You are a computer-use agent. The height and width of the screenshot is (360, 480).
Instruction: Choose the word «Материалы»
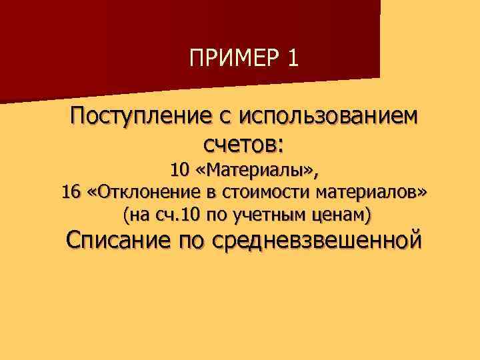pos(258,171)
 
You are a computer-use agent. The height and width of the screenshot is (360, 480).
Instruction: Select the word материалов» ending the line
pos(369,193)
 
